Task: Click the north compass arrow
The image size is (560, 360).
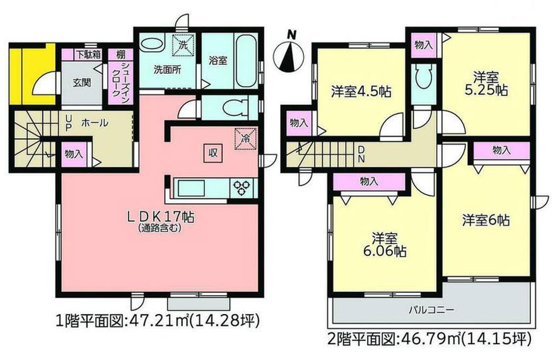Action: (290, 54)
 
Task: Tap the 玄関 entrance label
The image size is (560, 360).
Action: (81, 82)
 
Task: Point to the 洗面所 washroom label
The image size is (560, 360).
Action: (168, 69)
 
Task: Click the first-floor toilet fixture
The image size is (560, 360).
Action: (226, 107)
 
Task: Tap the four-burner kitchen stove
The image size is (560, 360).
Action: (242, 187)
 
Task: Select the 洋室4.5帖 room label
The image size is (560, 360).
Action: (360, 90)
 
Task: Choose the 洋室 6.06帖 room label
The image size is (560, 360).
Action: (384, 244)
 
